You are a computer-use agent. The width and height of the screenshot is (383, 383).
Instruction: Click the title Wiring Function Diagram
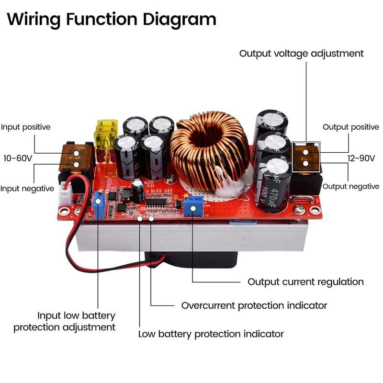click(x=112, y=20)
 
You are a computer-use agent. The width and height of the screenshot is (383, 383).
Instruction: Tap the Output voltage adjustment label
click(x=301, y=54)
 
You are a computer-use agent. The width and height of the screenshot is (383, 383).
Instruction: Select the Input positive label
click(x=25, y=127)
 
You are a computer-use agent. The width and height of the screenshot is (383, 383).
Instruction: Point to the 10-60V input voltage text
click(x=18, y=158)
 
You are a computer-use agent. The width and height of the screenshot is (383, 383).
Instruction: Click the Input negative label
click(x=27, y=189)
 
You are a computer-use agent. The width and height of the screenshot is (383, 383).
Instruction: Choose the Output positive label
click(x=351, y=127)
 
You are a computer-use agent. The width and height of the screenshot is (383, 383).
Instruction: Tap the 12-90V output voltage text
click(x=361, y=158)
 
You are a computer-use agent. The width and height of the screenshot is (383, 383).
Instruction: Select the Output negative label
click(x=351, y=186)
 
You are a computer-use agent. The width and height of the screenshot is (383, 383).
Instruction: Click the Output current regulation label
click(x=305, y=282)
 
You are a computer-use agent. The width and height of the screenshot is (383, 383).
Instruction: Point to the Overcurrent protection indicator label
click(x=254, y=305)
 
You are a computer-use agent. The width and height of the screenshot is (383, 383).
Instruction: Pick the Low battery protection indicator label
click(x=211, y=334)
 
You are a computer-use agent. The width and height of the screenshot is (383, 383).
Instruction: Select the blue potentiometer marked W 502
click(x=193, y=206)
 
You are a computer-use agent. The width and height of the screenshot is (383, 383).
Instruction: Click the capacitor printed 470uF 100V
click(x=273, y=184)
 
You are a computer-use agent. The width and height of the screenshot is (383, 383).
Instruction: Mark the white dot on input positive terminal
click(x=76, y=153)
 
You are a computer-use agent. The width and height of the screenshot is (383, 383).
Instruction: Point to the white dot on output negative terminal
click(x=305, y=163)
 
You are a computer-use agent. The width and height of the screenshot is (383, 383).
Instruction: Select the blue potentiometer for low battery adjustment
click(x=99, y=204)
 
